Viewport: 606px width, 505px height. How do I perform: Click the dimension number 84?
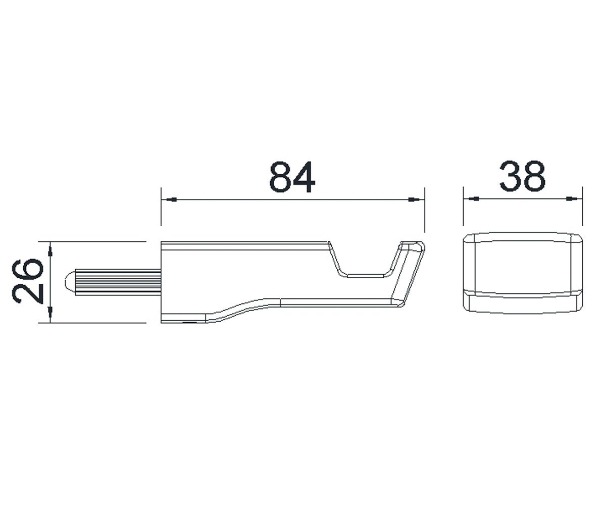(292, 177)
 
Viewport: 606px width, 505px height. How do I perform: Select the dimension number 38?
(522, 176)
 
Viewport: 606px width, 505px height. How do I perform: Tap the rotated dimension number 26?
(28, 281)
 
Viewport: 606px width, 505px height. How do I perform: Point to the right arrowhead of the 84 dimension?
(414, 199)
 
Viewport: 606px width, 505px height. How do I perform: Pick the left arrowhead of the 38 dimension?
(474, 199)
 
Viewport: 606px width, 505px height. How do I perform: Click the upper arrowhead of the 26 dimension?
(50, 251)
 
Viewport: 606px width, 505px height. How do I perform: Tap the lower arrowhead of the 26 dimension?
(50, 312)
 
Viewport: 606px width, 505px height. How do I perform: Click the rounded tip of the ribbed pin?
(70, 281)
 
